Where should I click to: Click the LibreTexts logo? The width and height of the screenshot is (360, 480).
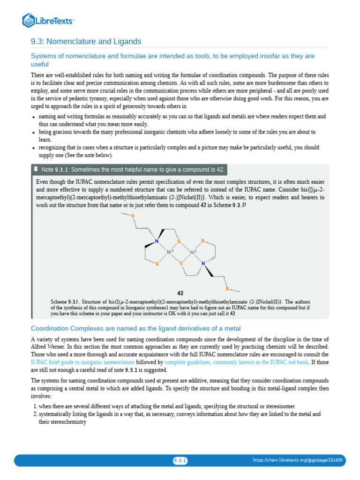49,20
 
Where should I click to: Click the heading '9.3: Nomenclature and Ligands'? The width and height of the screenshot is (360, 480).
86,42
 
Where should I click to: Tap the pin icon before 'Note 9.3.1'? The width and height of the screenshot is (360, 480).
36,169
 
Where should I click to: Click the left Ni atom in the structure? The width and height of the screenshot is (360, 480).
170,252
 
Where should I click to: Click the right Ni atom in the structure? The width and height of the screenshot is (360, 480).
193,252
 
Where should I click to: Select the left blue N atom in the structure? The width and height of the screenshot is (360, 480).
157,242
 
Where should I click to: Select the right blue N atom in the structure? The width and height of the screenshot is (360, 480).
203,264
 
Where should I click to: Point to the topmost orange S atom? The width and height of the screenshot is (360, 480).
133,216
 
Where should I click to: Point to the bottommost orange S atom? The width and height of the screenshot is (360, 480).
226,288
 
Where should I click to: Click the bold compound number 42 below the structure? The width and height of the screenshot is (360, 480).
180,293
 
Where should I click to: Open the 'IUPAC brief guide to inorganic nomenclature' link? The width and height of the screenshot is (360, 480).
82,362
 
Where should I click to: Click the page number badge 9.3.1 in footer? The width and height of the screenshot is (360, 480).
180,460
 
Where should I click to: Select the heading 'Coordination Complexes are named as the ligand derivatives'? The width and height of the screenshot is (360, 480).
135,328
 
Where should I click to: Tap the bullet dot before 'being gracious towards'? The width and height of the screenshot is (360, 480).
33,133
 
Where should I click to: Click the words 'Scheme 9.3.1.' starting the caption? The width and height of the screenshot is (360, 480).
65,301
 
